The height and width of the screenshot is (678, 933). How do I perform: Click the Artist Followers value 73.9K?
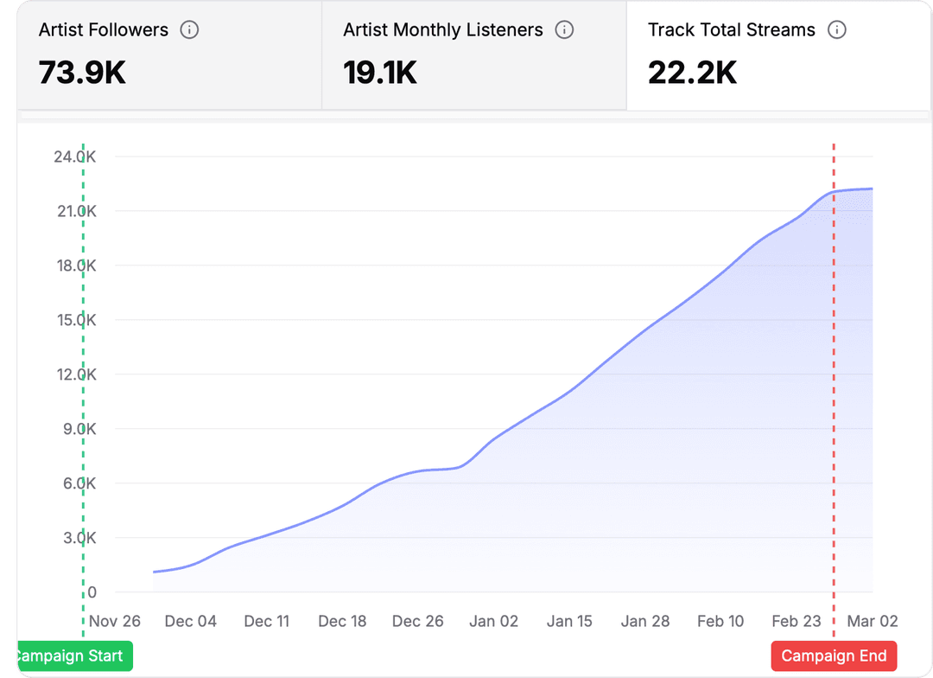(x=82, y=73)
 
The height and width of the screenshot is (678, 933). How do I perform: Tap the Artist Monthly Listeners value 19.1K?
(x=380, y=73)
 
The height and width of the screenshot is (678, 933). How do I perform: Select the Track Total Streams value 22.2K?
(x=693, y=73)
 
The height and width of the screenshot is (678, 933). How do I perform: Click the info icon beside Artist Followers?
(x=189, y=30)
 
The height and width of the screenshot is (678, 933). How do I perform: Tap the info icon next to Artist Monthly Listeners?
(x=564, y=30)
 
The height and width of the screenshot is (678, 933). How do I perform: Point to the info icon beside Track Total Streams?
(x=836, y=30)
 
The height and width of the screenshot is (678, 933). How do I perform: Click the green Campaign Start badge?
(x=74, y=656)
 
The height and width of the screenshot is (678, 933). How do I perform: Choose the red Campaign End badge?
(x=834, y=656)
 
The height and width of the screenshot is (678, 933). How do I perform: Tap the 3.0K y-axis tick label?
(x=76, y=538)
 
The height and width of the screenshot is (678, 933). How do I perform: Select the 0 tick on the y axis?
(x=92, y=592)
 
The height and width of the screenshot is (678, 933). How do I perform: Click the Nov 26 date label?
(x=114, y=621)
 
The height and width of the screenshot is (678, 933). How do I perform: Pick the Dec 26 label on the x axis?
(x=418, y=621)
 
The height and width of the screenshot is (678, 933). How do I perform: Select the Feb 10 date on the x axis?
(x=720, y=621)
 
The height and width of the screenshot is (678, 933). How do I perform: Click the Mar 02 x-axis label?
(x=872, y=621)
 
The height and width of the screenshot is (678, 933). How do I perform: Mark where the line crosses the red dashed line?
(x=834, y=192)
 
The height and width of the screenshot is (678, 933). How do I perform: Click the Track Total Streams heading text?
(x=731, y=30)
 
